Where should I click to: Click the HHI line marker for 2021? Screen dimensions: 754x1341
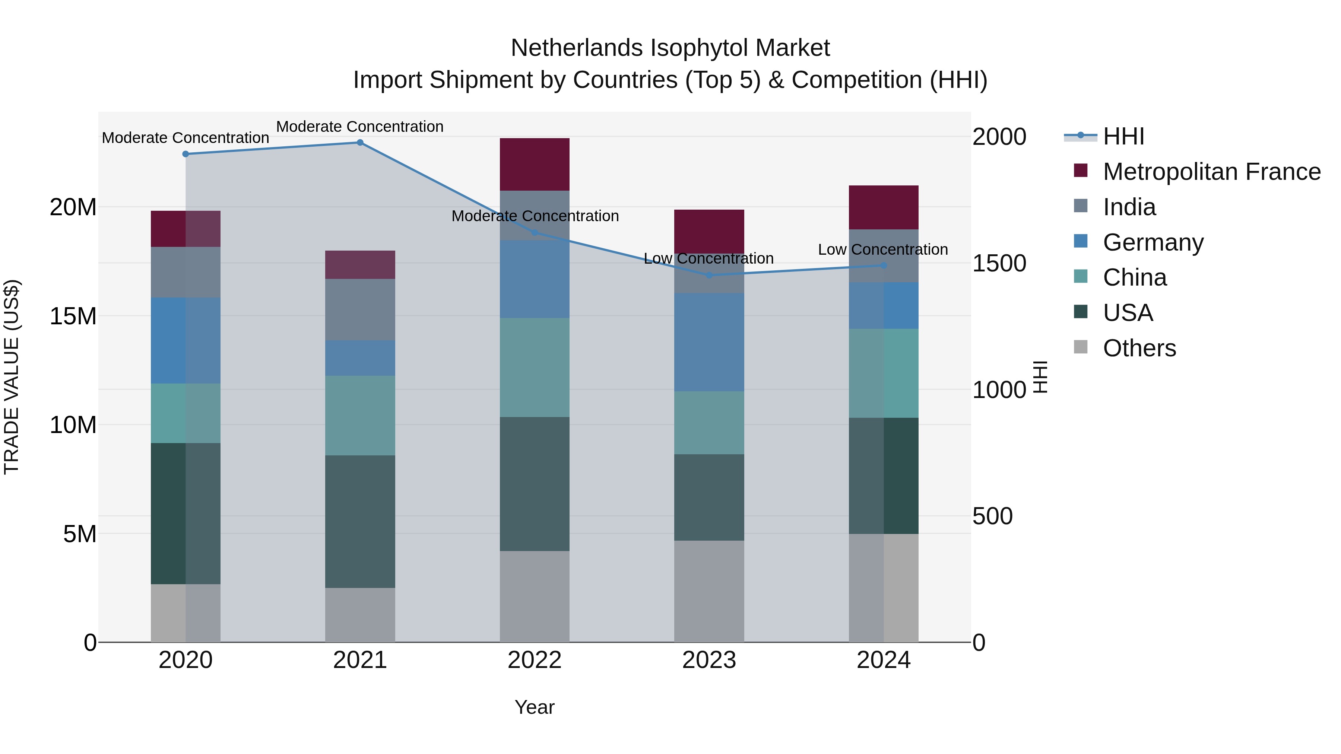click(360, 143)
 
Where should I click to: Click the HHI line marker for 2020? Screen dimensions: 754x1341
click(186, 154)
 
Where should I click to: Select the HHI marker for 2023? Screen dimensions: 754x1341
click(709, 275)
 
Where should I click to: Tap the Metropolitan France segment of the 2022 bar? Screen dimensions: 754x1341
click(535, 165)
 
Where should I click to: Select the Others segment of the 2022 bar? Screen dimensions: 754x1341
click(535, 596)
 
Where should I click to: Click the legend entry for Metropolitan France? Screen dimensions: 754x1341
click(1211, 172)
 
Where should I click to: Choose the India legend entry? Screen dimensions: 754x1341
click(1129, 207)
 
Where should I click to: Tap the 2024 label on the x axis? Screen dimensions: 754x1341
click(884, 660)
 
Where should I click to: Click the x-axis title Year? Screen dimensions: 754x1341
click(535, 707)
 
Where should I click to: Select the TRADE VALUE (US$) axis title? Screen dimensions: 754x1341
click(12, 377)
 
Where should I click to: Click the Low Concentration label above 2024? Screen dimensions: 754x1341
click(883, 250)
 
